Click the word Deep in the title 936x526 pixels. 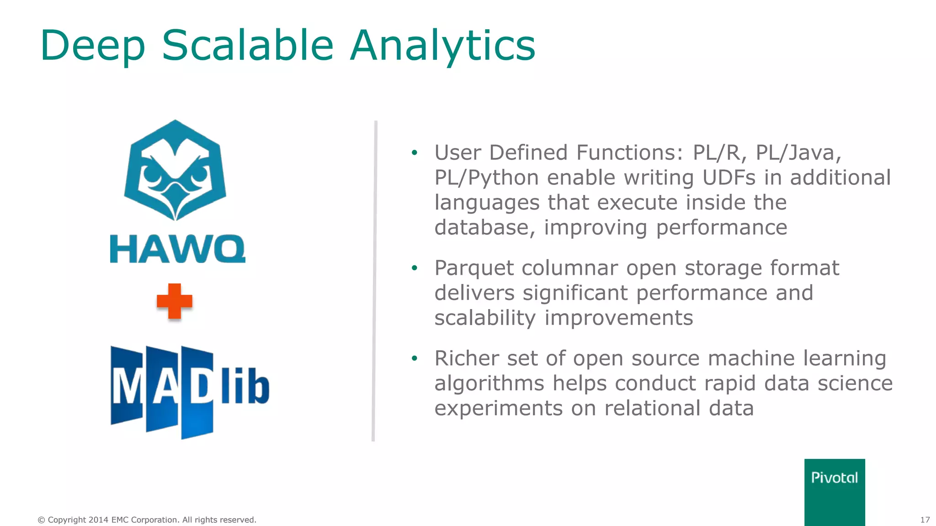[x=93, y=46]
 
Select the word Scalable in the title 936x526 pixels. [x=248, y=46]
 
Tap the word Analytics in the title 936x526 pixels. [x=442, y=46]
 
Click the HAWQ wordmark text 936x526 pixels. [x=177, y=249]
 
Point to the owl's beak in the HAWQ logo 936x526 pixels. [x=175, y=196]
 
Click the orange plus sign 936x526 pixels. [x=174, y=301]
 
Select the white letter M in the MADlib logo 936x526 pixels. [x=126, y=387]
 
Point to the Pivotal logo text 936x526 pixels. [x=834, y=478]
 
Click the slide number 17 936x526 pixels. [x=925, y=520]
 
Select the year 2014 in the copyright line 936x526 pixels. [x=98, y=520]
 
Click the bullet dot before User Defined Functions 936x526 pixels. [x=414, y=153]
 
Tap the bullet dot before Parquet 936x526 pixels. [x=414, y=268]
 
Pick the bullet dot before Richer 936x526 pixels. [x=414, y=358]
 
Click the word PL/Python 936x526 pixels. [x=486, y=178]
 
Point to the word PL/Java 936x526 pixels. [x=798, y=153]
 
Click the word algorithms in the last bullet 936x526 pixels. [x=489, y=384]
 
